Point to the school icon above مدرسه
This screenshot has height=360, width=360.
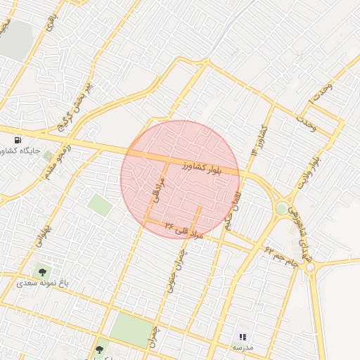243,337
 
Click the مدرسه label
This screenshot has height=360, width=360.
243,348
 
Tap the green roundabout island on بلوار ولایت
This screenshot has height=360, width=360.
282,208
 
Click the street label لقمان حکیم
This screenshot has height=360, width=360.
233,207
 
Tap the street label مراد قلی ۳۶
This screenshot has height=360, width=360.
184,231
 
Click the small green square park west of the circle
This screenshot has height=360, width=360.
101,205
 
